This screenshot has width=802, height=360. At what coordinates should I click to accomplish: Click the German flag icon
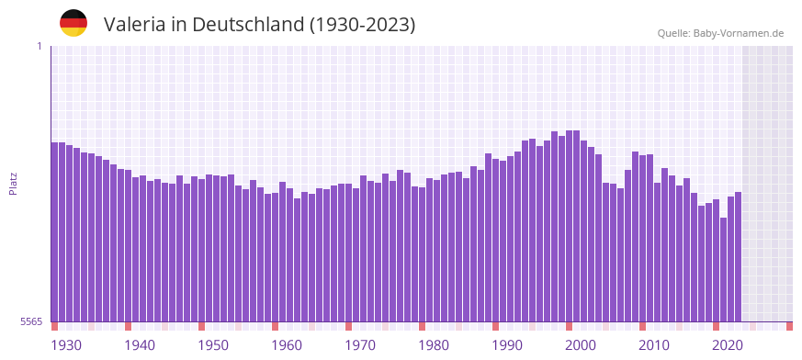73,23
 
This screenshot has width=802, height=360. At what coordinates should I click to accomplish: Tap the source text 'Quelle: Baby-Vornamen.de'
720,33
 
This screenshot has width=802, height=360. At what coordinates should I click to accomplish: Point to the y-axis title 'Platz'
13,184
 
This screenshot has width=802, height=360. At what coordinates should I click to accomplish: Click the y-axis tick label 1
39,46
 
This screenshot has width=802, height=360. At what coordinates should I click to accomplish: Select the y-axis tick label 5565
30,321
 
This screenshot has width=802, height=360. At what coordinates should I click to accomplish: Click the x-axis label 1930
66,345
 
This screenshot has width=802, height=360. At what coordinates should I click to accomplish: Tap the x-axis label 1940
140,345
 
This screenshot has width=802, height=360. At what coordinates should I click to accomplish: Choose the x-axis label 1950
213,345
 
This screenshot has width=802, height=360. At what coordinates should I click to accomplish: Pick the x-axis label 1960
287,345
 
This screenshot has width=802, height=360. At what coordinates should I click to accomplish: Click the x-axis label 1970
360,345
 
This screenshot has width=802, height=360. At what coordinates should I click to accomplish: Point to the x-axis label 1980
434,345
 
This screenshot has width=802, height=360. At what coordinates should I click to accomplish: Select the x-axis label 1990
507,345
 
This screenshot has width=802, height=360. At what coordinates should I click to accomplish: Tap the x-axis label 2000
581,345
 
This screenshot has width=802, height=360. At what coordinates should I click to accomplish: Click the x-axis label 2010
654,345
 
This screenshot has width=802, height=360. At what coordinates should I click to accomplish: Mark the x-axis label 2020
728,345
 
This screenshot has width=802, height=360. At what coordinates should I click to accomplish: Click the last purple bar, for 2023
738,257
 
